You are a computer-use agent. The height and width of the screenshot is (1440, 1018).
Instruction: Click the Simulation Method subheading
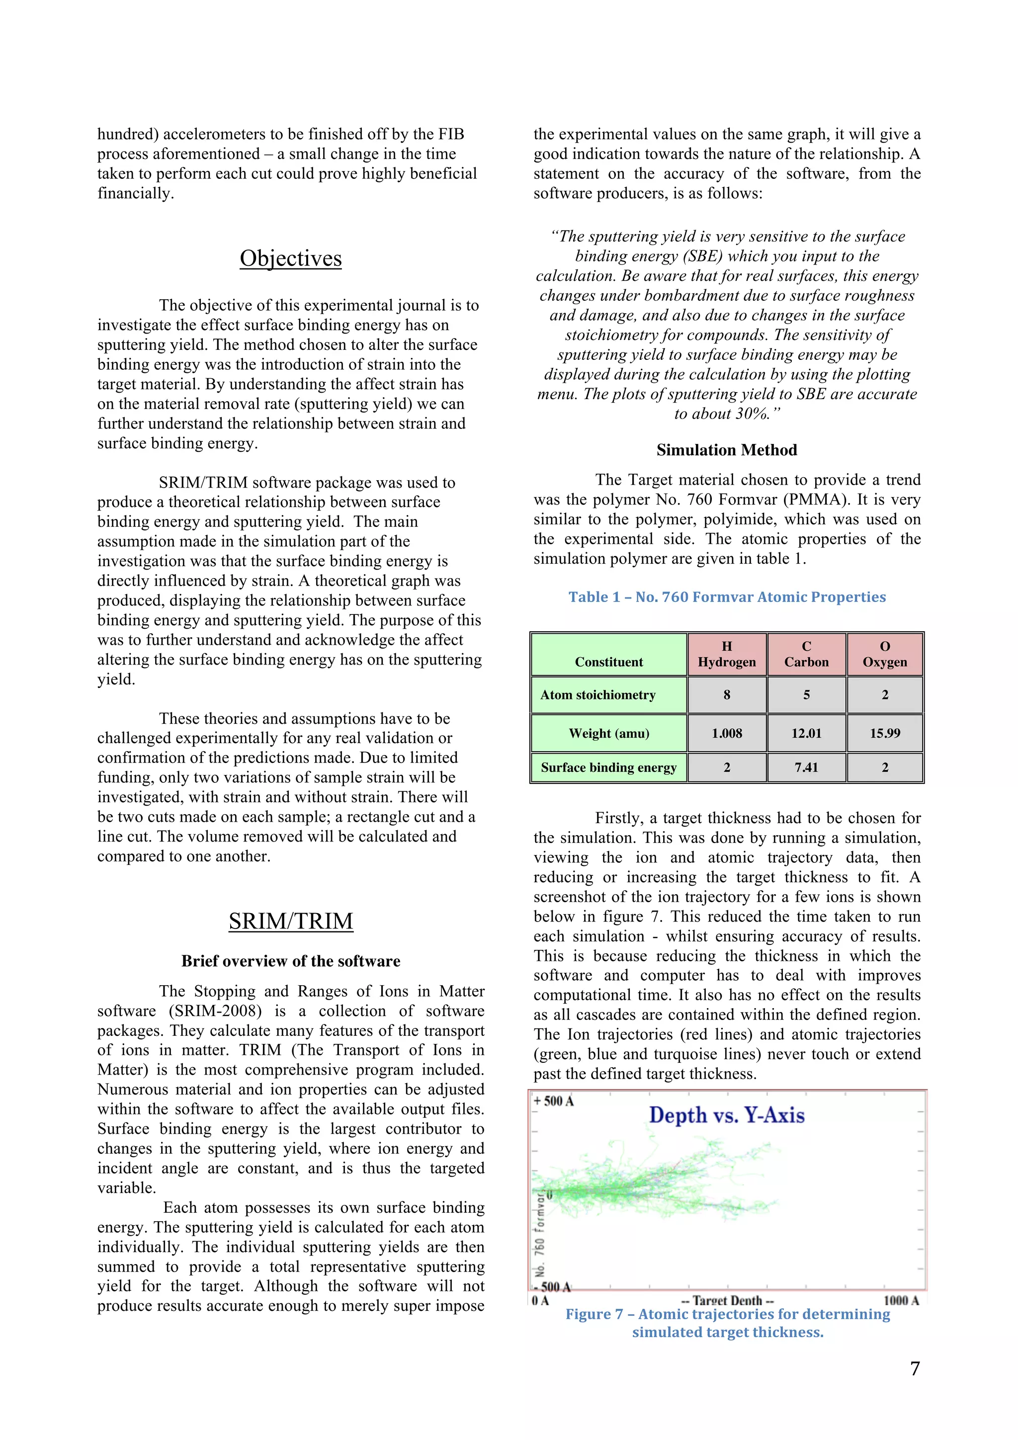pos(726,450)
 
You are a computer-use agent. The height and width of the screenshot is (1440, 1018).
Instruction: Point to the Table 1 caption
pos(726,596)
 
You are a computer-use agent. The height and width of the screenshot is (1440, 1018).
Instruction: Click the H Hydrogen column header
pos(726,654)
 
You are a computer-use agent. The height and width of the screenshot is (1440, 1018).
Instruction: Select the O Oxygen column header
pos(884,654)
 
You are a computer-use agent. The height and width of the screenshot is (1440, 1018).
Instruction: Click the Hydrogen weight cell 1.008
pos(726,733)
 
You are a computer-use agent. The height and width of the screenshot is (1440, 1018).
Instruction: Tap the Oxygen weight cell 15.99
pos(884,733)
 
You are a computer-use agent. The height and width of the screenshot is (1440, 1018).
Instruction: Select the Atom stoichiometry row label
pos(598,694)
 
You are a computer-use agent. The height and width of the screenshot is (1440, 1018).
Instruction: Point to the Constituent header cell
pos(608,662)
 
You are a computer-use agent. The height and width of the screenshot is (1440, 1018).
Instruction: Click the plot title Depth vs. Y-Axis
pos(726,1115)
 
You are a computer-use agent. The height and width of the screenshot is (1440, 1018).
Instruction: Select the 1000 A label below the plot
pos(901,1300)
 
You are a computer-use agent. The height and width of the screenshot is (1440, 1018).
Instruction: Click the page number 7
pos(915,1368)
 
